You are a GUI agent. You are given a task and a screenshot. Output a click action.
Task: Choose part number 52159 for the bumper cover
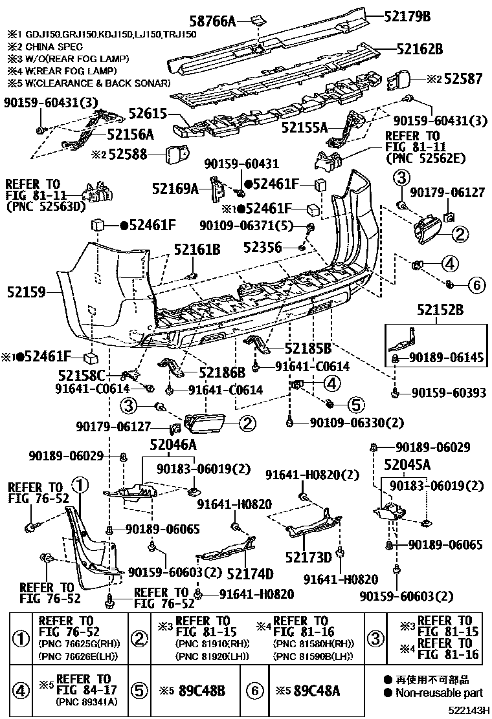point(27,292)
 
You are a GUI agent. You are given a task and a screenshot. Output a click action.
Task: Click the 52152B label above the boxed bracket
point(440,311)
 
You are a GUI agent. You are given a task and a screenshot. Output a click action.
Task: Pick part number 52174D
point(250,574)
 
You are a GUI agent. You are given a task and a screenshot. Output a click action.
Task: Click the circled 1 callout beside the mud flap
point(79,484)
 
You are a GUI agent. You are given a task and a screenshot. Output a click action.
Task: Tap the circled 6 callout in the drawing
point(475,284)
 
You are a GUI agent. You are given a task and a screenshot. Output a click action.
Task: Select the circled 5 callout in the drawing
point(356,405)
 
